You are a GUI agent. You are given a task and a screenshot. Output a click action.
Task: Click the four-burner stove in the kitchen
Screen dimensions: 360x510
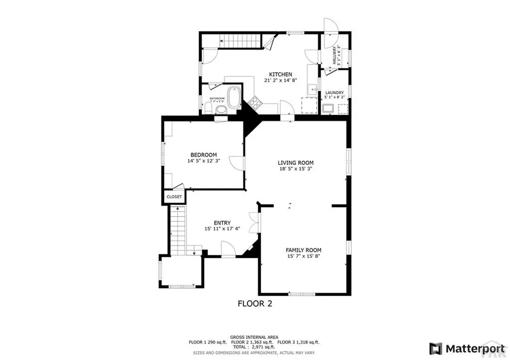coord(255,103)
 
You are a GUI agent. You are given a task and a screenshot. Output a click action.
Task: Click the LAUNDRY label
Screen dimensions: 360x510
coord(334,93)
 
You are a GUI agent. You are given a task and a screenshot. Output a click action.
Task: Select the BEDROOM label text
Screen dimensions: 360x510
coord(203,154)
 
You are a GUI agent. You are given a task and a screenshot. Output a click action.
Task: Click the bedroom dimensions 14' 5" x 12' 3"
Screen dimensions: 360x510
coord(203,161)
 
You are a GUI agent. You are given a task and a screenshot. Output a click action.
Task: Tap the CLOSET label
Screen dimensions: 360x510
coord(174,197)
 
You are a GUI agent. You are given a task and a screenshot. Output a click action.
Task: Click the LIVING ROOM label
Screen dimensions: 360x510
coord(295,162)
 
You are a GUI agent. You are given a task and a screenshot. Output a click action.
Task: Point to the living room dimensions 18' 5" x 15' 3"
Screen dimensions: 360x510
coord(295,169)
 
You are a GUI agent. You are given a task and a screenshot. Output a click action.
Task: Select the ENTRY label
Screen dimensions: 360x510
coord(222,223)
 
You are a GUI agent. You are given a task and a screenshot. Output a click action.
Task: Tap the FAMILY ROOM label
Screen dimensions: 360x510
coord(303,250)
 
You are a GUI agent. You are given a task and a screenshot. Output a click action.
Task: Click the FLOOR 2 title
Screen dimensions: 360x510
coord(255,303)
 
